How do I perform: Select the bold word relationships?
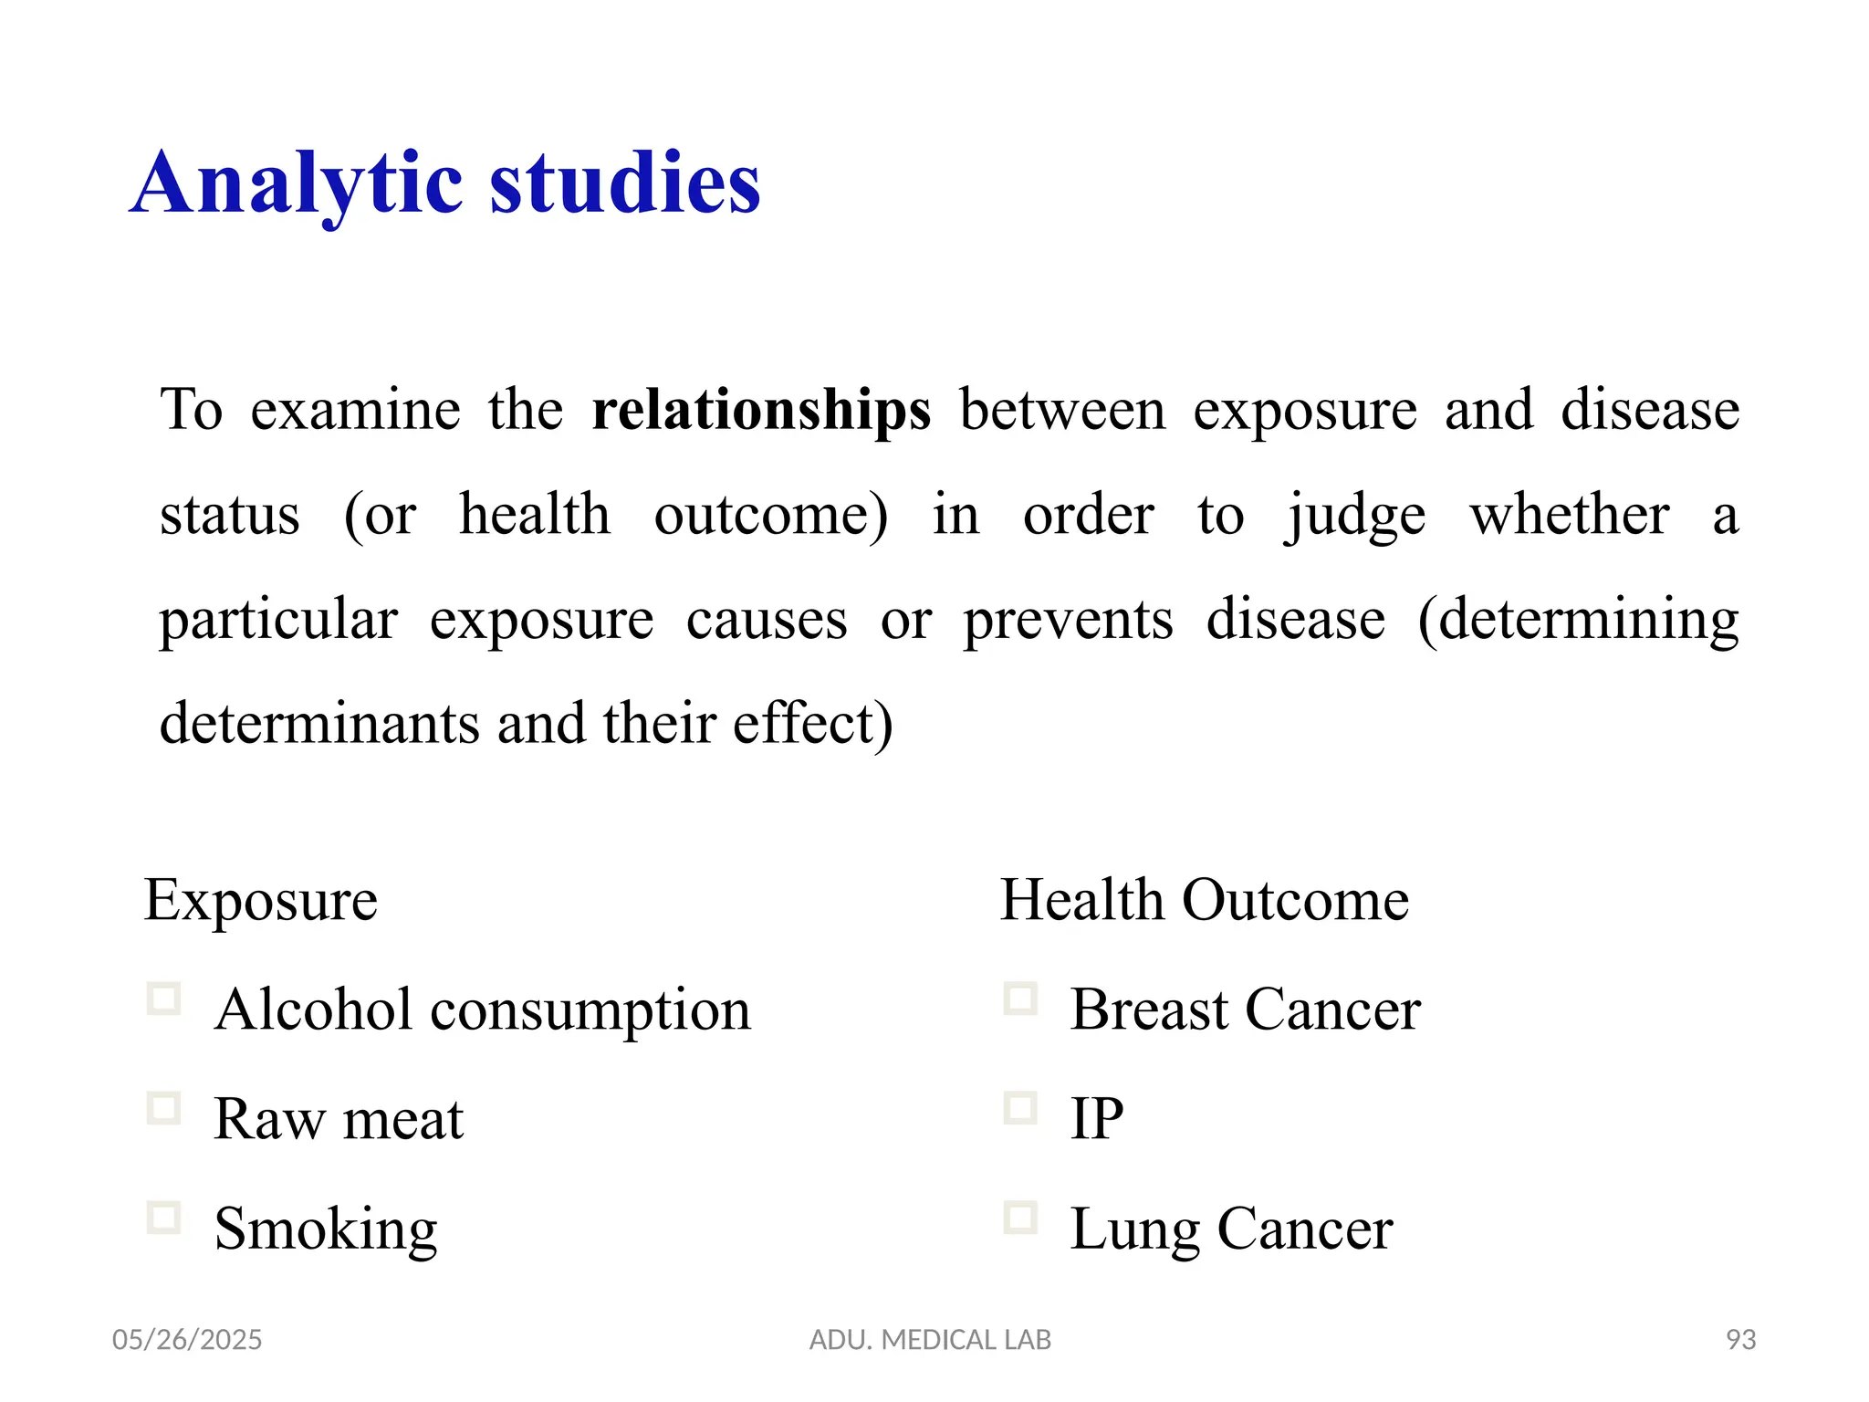click(761, 410)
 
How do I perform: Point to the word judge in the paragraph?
click(1355, 516)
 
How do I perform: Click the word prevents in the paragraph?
click(1068, 621)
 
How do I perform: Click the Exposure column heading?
click(261, 900)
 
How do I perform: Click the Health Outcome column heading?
click(1205, 900)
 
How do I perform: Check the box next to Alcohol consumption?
click(164, 999)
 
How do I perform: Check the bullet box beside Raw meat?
click(164, 1108)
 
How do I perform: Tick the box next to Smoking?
click(164, 1218)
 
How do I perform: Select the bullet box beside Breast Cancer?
click(1020, 999)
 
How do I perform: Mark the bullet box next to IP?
click(1020, 1108)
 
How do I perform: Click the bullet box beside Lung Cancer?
click(1020, 1218)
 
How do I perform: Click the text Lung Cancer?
click(1231, 1229)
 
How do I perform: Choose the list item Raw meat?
click(339, 1119)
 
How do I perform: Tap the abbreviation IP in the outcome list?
click(1096, 1119)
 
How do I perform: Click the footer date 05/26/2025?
click(187, 1340)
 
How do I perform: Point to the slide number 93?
click(1741, 1340)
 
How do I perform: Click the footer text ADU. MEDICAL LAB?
click(930, 1340)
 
